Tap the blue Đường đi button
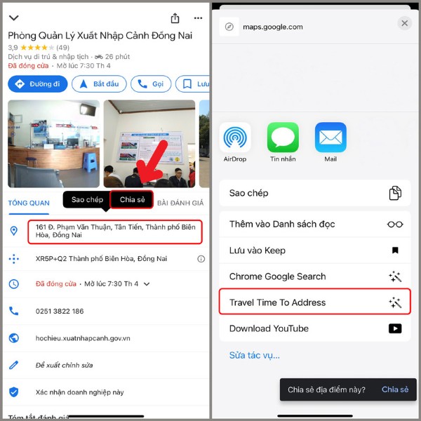38,84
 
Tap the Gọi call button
151,84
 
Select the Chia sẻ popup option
132,199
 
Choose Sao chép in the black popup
87,199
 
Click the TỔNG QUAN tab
29,203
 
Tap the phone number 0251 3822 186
60,311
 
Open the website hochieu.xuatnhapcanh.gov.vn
83,338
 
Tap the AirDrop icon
235,138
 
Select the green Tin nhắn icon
283,138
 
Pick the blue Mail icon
330,138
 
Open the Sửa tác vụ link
255,355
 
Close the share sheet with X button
404,23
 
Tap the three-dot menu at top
199,18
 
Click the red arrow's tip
140,185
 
